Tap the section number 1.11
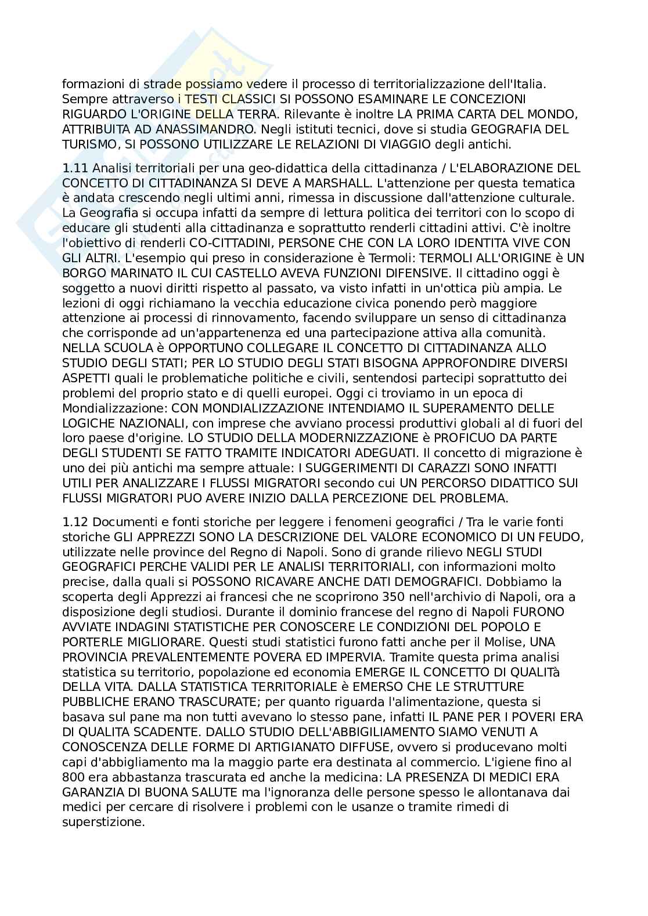75,168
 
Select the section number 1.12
75,522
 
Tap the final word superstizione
103,822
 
